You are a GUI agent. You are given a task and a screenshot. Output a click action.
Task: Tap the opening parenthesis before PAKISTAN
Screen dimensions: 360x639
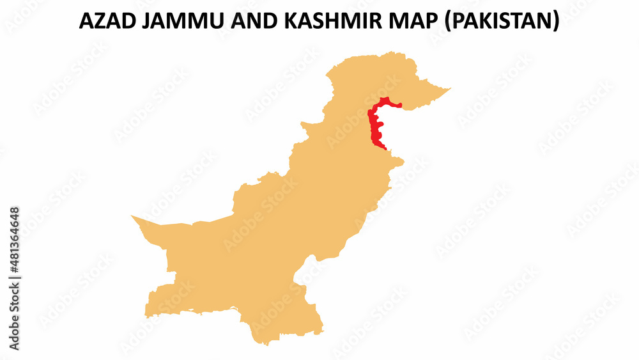point(445,22)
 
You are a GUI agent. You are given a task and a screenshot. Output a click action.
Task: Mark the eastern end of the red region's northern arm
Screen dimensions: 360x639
point(401,106)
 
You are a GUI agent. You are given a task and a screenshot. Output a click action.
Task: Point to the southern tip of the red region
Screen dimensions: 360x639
point(385,150)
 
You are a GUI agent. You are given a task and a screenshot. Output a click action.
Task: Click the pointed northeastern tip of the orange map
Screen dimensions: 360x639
point(450,89)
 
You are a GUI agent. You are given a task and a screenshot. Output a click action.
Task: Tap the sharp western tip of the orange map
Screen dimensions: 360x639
point(132,216)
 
